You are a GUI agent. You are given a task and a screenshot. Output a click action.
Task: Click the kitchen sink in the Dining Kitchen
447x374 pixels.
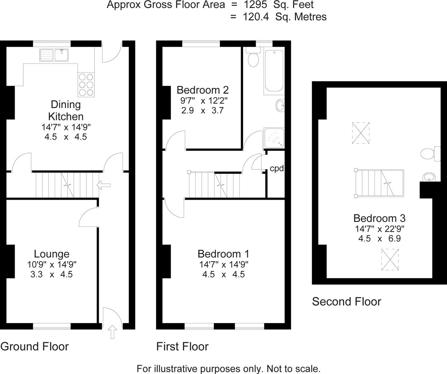coord(54,55)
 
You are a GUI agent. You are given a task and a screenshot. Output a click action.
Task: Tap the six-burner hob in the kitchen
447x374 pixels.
coord(86,84)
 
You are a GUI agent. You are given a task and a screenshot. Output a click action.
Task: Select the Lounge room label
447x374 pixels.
coord(52,254)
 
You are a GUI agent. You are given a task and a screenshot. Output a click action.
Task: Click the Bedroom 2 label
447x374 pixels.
coord(202,90)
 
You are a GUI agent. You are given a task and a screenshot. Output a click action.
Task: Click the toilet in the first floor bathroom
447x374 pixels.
coord(253,57)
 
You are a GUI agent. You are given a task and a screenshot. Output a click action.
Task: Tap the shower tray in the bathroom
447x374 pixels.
coord(274,138)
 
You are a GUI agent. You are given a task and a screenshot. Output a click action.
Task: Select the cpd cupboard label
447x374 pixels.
coord(277,169)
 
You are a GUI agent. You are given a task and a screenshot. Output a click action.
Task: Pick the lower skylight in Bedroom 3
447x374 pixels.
coord(390,259)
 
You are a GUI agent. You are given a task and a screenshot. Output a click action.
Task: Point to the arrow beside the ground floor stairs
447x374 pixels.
coord(104,185)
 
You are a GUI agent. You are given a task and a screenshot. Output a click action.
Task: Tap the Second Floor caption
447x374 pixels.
coord(347,302)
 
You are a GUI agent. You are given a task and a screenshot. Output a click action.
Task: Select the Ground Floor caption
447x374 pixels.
coord(35,346)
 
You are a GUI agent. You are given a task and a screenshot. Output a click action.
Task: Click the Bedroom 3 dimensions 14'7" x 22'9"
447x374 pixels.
coord(379,229)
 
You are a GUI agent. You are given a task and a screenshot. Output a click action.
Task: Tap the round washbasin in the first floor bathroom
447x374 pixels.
coord(280,106)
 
